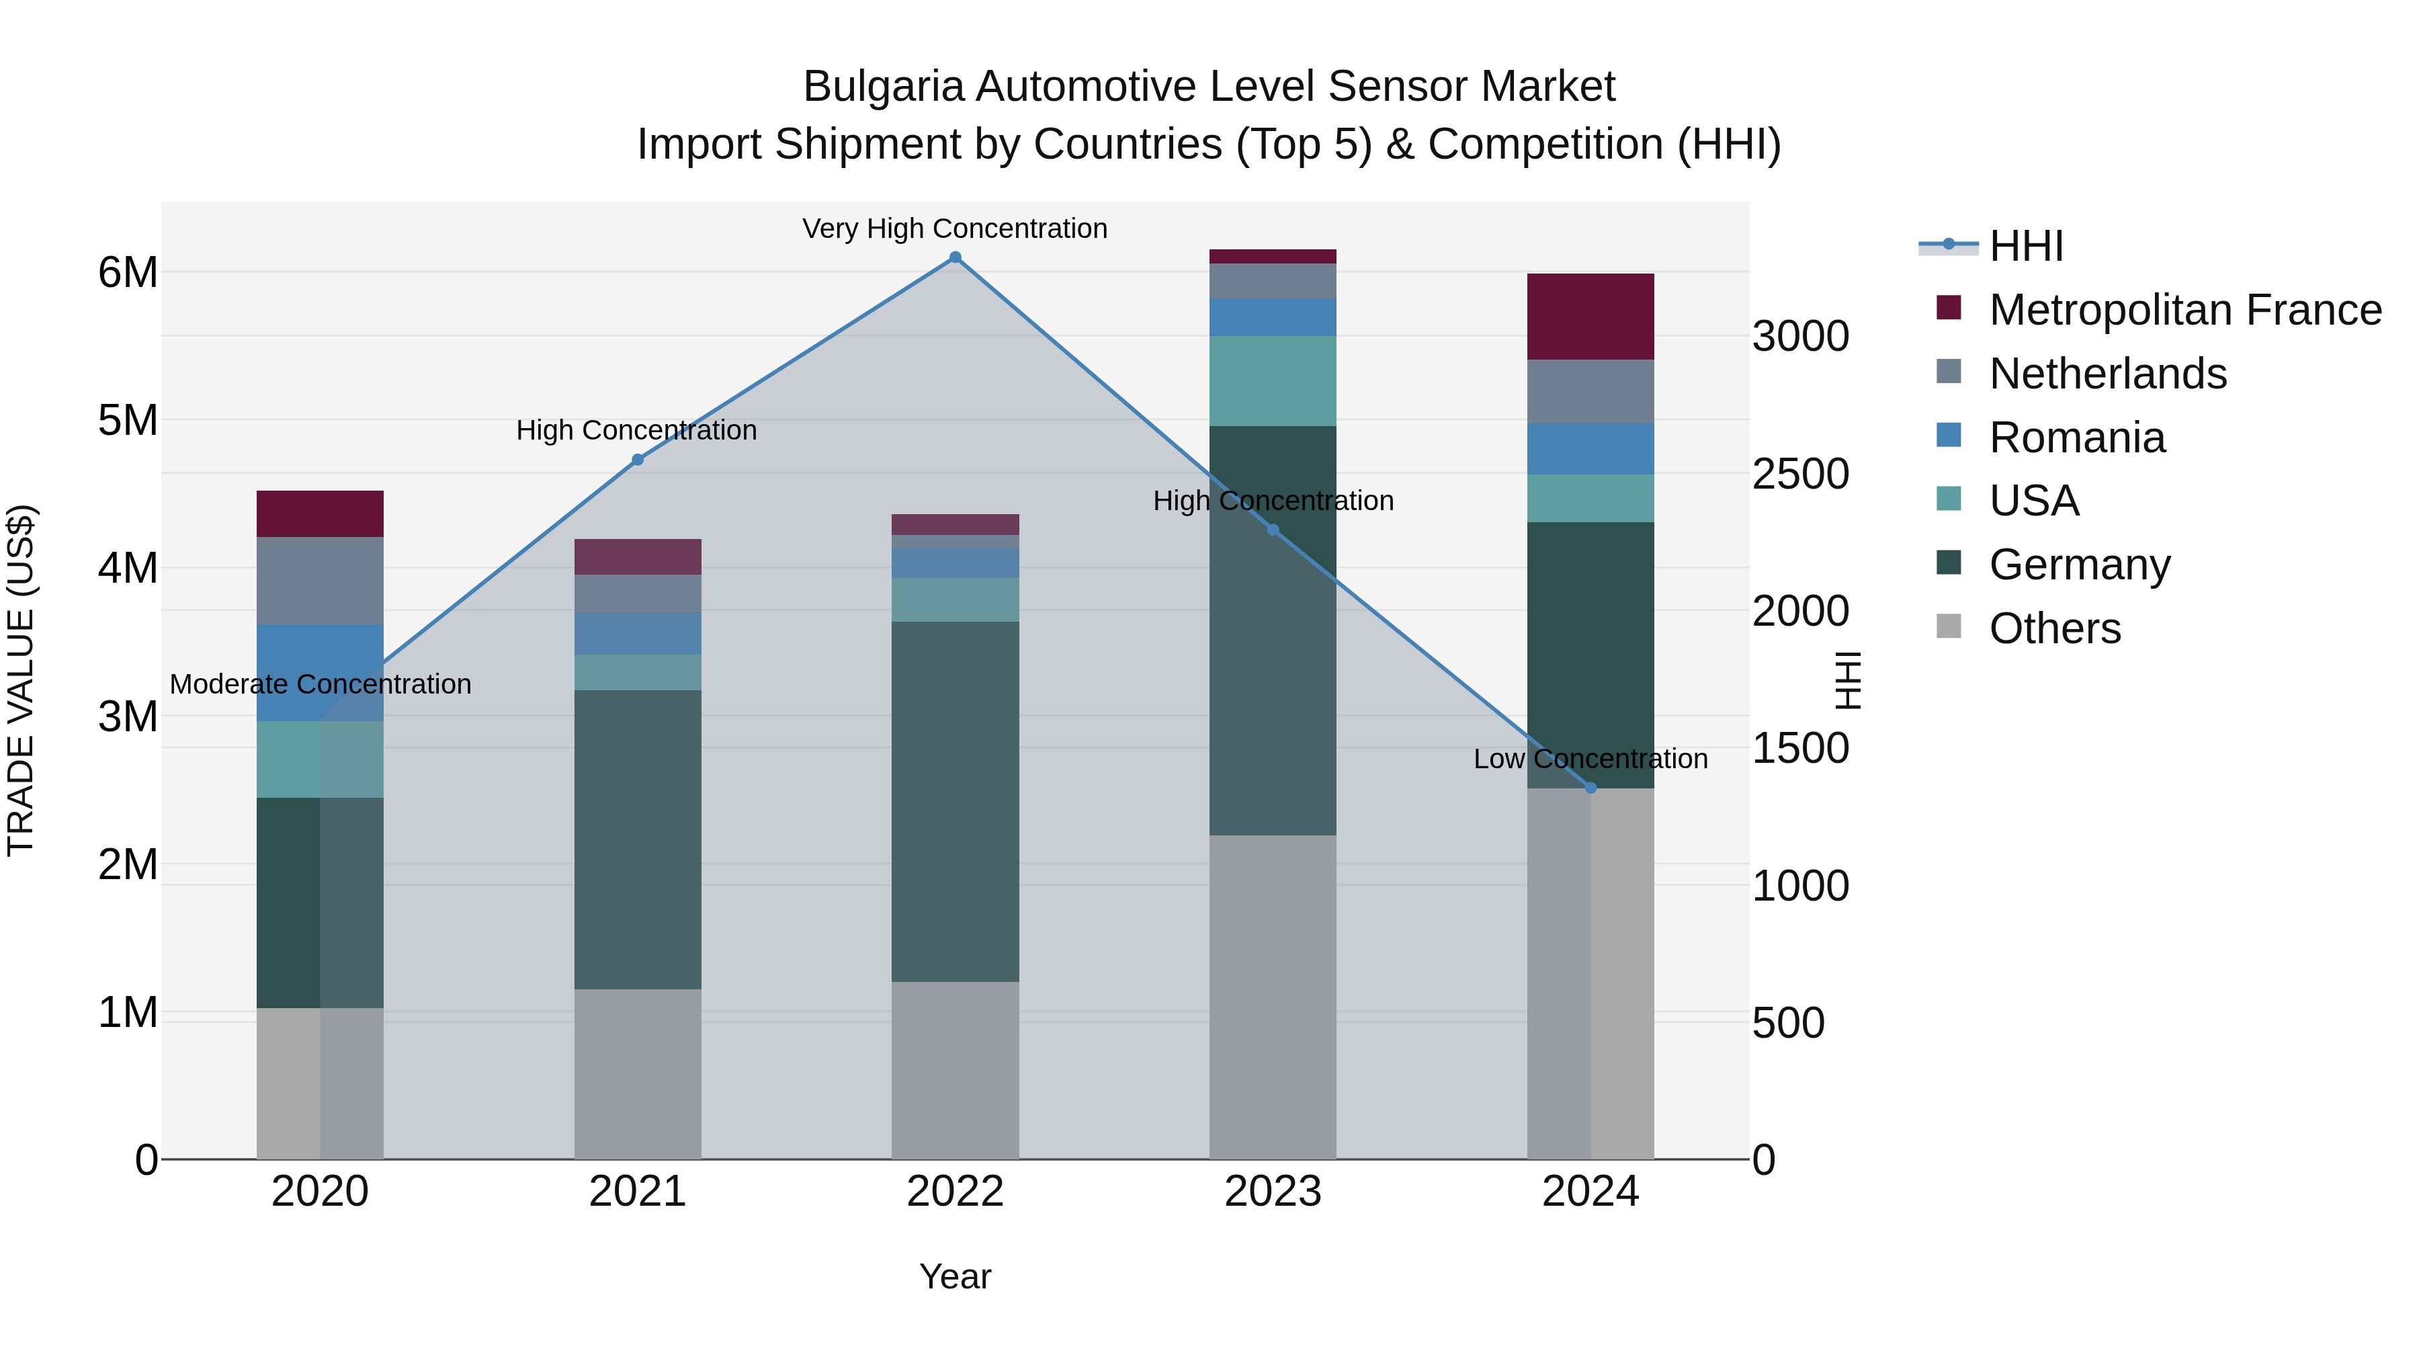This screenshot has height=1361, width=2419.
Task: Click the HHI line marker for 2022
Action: click(x=955, y=257)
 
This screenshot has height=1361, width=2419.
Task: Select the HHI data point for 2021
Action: click(x=638, y=459)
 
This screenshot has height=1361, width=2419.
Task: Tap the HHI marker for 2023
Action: click(x=1273, y=530)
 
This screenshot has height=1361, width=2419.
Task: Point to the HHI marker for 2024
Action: click(x=1590, y=788)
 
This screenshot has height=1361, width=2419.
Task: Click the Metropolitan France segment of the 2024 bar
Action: click(x=1590, y=317)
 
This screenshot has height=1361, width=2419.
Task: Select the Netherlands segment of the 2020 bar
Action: click(x=321, y=581)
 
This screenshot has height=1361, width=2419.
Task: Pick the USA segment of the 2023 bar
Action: click(x=1273, y=380)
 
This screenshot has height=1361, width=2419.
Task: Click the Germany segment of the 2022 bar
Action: click(x=955, y=801)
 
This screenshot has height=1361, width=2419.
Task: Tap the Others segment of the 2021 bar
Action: click(x=638, y=1073)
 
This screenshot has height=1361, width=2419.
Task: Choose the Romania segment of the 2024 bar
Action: click(x=1590, y=449)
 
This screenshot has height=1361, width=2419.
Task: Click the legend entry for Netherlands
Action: click(x=2107, y=374)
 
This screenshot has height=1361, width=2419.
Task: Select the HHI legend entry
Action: click(x=2025, y=246)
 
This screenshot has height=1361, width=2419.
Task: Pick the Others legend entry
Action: click(x=2053, y=628)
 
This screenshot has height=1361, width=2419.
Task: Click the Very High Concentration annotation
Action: click(x=955, y=229)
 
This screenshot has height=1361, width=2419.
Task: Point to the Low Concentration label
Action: click(x=1590, y=759)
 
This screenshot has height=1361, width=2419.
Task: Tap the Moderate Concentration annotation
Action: click(x=321, y=684)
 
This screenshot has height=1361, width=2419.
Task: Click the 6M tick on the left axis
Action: click(x=128, y=272)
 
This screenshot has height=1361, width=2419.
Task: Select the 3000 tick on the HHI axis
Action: click(x=1800, y=336)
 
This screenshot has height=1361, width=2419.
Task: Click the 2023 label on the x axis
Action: click(x=1273, y=1192)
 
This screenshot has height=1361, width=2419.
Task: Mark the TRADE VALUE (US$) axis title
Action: click(x=21, y=680)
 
